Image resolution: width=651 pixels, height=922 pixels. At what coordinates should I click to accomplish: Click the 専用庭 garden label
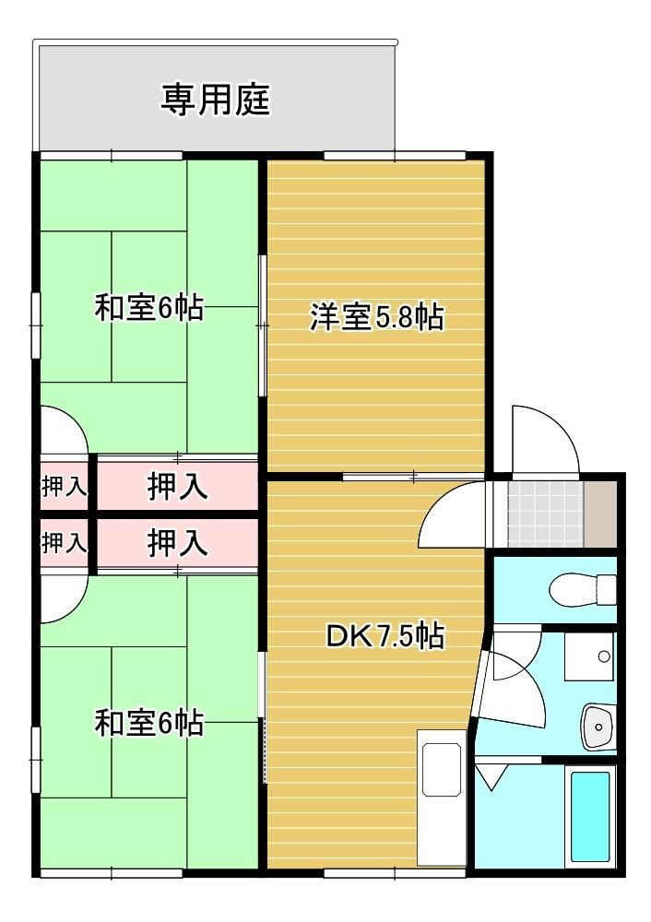coord(215,100)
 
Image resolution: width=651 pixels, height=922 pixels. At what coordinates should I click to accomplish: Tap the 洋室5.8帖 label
coord(377,317)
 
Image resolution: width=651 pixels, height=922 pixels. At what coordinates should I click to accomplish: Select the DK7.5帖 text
coord(385,635)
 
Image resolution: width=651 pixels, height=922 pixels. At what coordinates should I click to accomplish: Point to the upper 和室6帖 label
coord(149,308)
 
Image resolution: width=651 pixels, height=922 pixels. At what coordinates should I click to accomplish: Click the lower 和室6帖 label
coord(149,723)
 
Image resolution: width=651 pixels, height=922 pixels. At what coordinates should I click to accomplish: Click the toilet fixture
coord(582,588)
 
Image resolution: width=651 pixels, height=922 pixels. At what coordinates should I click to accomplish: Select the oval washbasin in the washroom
coord(598,726)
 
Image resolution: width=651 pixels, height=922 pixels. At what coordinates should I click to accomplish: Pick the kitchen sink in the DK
coord(441,770)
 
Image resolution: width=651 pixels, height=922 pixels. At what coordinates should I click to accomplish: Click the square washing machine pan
coord(588,656)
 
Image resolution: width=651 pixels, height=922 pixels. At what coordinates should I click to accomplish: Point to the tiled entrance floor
coord(545,514)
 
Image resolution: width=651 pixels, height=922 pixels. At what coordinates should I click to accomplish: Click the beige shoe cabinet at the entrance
coord(600,514)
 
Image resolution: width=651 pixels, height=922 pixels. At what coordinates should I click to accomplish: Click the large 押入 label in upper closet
coord(177,486)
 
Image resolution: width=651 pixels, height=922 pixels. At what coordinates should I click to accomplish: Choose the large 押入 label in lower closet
coord(177,542)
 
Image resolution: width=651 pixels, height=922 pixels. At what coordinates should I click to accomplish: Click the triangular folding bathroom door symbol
coord(491,776)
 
